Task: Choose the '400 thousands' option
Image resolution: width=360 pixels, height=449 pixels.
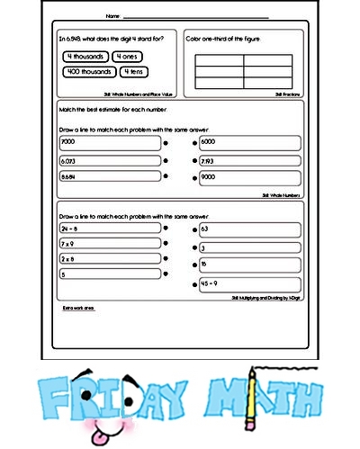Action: click(x=88, y=71)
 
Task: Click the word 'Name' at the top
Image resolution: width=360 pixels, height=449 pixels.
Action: click(x=112, y=15)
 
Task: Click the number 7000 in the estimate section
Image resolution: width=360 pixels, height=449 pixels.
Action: click(x=68, y=142)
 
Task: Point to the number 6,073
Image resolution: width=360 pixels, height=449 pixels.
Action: click(x=69, y=160)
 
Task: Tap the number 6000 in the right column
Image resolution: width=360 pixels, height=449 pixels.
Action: click(x=210, y=142)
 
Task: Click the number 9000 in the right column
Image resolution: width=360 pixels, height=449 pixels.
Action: click(x=210, y=178)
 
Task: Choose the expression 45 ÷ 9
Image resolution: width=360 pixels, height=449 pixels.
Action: click(x=211, y=284)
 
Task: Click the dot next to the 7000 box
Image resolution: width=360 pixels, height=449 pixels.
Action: click(x=167, y=143)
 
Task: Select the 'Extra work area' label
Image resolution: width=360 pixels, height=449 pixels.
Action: click(x=76, y=308)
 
